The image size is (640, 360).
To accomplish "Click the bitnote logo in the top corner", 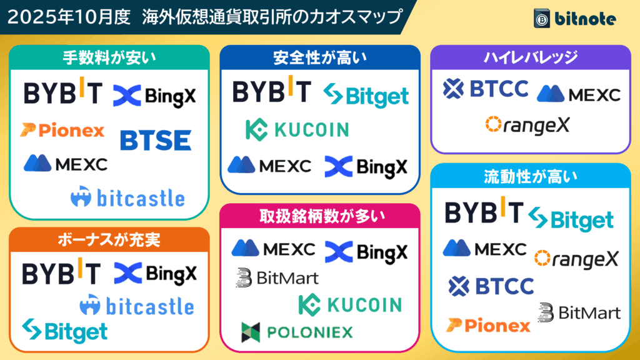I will pos(574,19).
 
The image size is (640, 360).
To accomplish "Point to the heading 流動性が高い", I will pos(531,177).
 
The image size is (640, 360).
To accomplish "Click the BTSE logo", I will pos(156,140).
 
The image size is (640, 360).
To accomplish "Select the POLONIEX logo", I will pos(297,332).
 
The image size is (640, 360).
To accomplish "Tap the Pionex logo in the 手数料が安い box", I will pos(62,131).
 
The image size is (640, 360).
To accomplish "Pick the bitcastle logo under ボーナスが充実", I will pos(136,306).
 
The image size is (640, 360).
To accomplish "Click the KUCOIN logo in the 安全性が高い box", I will pos(297,129).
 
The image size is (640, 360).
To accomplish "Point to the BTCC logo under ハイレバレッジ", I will pos(486,89).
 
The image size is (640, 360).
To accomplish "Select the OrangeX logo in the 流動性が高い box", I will pos(576,257).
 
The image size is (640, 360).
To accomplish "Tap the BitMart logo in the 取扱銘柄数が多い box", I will pos(277,277).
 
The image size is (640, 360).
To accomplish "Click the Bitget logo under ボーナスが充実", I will pos(64,331).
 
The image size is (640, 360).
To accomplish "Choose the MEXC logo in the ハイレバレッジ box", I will pos(578,94).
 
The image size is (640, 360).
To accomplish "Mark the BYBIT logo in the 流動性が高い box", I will pos(484,212).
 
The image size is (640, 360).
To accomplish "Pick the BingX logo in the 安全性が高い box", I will pos(366,166).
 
